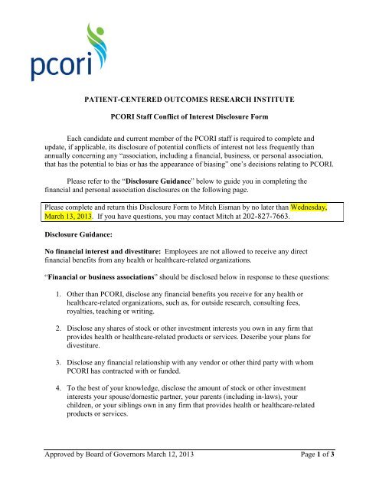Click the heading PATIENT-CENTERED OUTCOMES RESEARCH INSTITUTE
pos(189,99)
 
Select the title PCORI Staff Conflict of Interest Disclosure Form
pos(189,118)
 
